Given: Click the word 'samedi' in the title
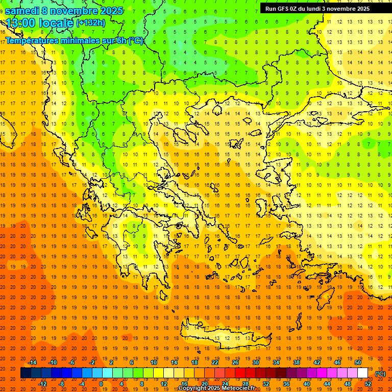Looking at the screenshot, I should coord(23,11).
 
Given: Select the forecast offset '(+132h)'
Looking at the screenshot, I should coord(91,23).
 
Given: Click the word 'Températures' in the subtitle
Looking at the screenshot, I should coord(31,40).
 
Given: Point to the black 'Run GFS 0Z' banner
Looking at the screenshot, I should coord(322,8).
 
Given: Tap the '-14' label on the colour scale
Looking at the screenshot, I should coord(33,362).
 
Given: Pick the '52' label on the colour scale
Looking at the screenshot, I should coord(368,383).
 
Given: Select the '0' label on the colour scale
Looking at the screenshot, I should coord(101,383).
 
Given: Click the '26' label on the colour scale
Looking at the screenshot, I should coord(235,362).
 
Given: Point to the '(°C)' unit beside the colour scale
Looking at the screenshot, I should coord(380,374).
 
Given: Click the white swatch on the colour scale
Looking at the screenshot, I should coord(363,373).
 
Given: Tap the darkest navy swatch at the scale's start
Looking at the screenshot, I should coord(26,373).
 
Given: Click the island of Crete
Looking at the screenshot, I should coord(225,334).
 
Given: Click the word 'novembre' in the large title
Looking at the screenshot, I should coord(77,11).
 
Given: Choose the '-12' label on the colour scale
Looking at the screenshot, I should coord(43,383).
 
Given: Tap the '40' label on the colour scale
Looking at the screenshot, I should coord(307,383).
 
